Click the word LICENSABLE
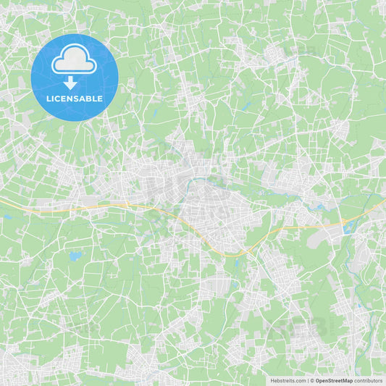(x=75, y=98)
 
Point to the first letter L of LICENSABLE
(x=49, y=98)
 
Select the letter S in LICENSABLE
(x=78, y=98)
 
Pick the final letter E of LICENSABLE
(x=100, y=98)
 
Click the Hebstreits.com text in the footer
(x=288, y=380)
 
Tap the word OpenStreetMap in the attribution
(x=334, y=380)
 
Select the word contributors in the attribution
(x=369, y=380)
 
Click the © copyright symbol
(x=312, y=380)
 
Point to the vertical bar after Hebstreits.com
(x=308, y=380)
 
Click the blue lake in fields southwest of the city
(x=75, y=256)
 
